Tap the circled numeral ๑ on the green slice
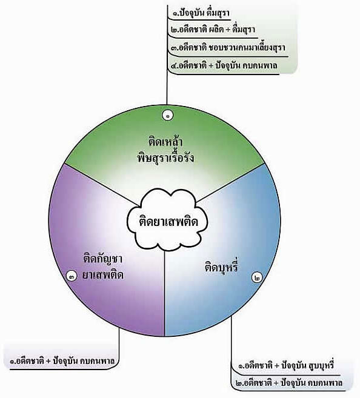[x=167, y=116]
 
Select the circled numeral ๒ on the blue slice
[x=258, y=277]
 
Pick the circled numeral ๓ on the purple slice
[x=72, y=276]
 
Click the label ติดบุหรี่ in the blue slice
[x=222, y=267]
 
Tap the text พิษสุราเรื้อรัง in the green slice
[x=165, y=158]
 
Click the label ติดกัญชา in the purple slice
[x=103, y=259]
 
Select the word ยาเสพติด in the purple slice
[x=103, y=275]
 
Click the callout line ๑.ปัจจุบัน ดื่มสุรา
[x=201, y=13]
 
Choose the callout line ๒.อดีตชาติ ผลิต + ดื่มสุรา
[x=213, y=30]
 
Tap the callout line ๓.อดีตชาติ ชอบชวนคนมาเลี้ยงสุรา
[x=228, y=47]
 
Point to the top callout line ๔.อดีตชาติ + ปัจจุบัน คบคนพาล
[x=224, y=65]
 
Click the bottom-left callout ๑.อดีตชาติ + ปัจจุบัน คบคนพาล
[x=62, y=360]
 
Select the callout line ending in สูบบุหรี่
[x=286, y=365]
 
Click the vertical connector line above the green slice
[x=167, y=55]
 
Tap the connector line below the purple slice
[x=119, y=348]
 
